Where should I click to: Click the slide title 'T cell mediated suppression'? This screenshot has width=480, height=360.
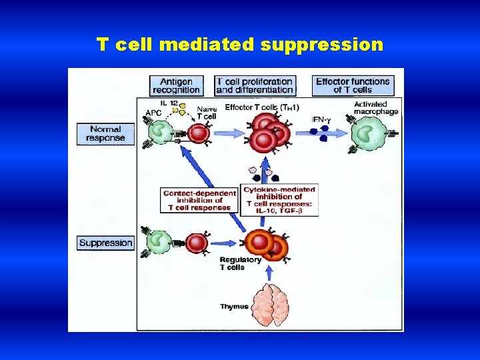240,45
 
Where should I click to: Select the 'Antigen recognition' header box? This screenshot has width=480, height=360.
176,85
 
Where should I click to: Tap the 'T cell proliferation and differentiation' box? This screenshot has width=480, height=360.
255,85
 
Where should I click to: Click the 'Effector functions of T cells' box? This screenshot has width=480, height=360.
353,85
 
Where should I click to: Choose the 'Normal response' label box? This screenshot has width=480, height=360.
105,133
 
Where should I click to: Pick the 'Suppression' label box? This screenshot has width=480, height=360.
105,243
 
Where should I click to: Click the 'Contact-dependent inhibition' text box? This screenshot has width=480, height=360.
199,201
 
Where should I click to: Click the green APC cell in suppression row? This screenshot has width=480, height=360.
160,242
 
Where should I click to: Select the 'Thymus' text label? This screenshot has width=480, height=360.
234,307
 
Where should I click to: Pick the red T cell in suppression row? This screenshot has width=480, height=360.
197,243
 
